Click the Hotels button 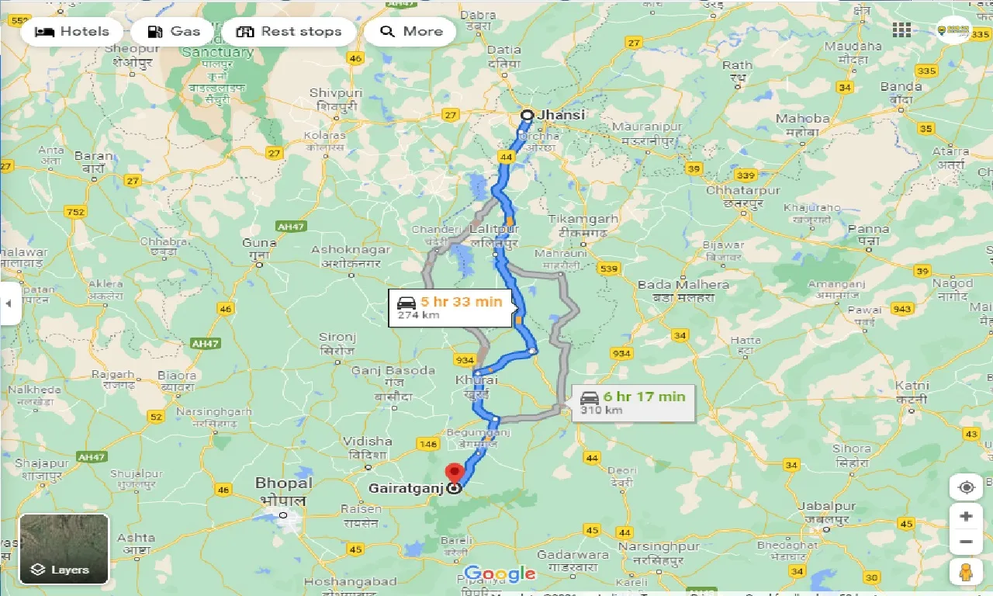72,32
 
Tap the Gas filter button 175,32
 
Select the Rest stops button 289,32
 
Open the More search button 410,32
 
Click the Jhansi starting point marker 527,115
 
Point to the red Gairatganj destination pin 454,473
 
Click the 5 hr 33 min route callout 450,307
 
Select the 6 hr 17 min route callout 633,402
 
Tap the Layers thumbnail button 64,549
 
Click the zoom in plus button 966,516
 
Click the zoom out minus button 966,542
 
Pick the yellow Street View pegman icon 966,573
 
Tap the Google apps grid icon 901,30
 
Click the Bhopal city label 284,483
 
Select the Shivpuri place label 336,93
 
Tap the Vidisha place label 367,442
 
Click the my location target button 966,487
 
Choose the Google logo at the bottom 500,574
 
